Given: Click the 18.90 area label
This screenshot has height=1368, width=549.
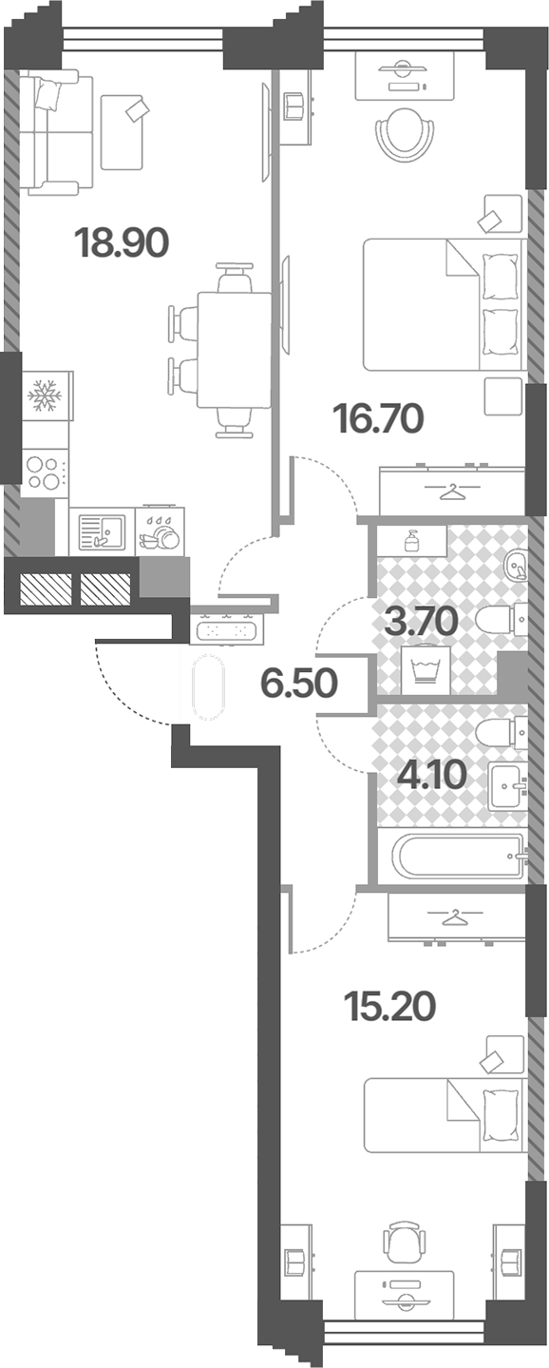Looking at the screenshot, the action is [122, 243].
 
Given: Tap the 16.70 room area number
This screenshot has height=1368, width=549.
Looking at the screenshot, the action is [378, 419].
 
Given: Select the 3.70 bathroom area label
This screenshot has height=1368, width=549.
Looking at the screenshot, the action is [422, 622].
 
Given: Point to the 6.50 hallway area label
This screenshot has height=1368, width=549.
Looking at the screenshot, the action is [299, 683].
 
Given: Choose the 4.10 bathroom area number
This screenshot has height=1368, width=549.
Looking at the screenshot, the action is [432, 775].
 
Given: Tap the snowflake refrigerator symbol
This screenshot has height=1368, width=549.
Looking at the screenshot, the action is [47, 395].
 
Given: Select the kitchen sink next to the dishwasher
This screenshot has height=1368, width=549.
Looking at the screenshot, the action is [102, 531].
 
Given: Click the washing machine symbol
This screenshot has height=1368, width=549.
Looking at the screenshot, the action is [426, 670].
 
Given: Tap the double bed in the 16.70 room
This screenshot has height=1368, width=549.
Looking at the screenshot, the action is [444, 304].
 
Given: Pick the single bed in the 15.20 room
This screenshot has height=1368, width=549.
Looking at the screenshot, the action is [444, 1114].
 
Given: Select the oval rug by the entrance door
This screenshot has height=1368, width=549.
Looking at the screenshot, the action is [209, 687].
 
